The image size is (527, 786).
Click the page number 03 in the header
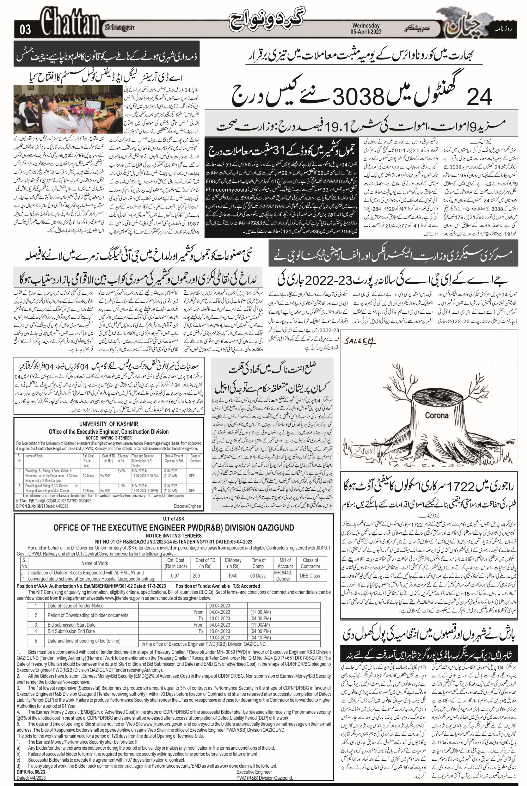25,30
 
